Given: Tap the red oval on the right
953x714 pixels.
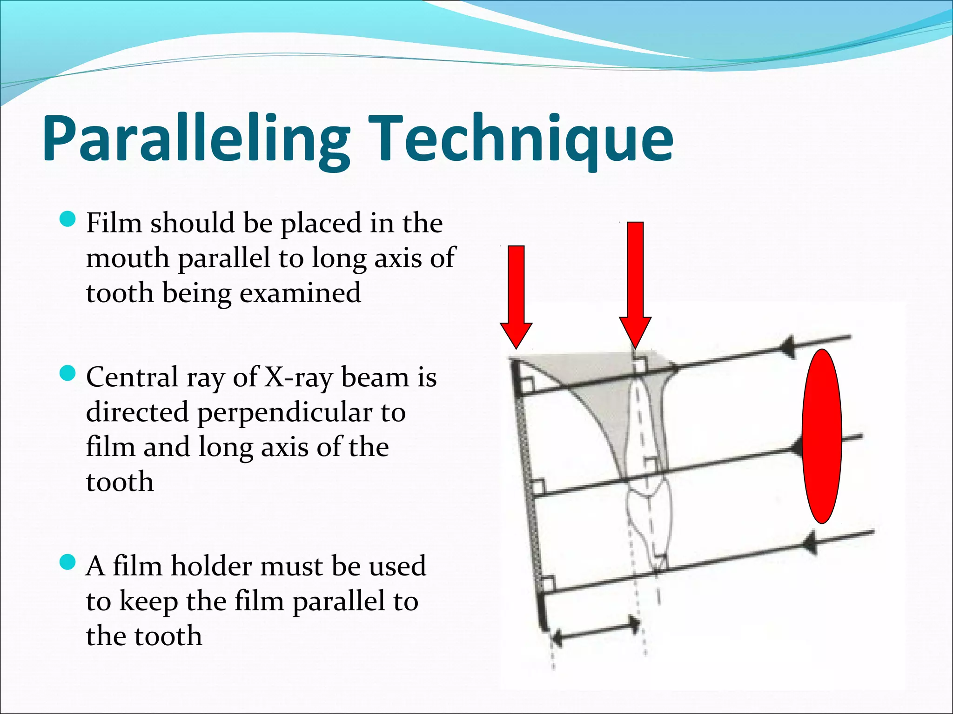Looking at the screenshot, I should pyautogui.click(x=822, y=436).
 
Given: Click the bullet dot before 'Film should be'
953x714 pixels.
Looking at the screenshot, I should pyautogui.click(x=68, y=218).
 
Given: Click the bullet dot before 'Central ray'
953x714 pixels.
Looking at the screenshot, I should pyautogui.click(x=68, y=373).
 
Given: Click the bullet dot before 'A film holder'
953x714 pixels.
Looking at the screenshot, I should pyautogui.click(x=68, y=562).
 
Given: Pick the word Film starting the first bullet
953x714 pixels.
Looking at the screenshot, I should pyautogui.click(x=114, y=223).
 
